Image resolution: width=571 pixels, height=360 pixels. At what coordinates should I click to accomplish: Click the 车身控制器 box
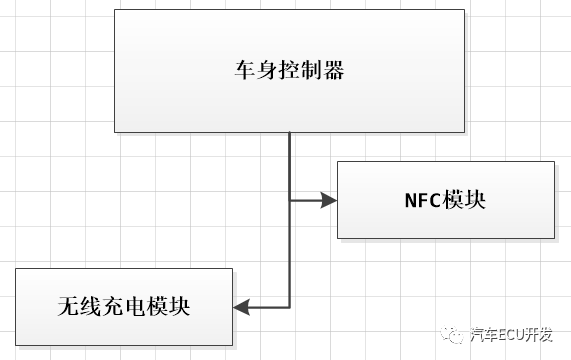pos(289,70)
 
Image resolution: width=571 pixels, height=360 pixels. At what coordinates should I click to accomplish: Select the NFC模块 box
pos(445,199)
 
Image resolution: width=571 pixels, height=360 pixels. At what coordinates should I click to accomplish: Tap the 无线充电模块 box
pos(123,305)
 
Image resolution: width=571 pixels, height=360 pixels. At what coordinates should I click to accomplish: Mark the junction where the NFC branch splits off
pos(290,200)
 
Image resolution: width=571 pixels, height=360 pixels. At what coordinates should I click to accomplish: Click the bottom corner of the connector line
pos(290,306)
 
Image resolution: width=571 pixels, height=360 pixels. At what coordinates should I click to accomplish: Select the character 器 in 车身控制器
pos(337,71)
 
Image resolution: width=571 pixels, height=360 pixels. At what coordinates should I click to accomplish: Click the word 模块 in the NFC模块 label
pos(465,199)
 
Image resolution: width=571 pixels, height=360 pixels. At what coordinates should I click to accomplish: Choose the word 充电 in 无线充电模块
pos(123,306)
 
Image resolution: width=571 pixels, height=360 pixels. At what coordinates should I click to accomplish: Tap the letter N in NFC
pos(410,199)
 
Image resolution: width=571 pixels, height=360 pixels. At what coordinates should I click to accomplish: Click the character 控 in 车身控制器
pos(288,71)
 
